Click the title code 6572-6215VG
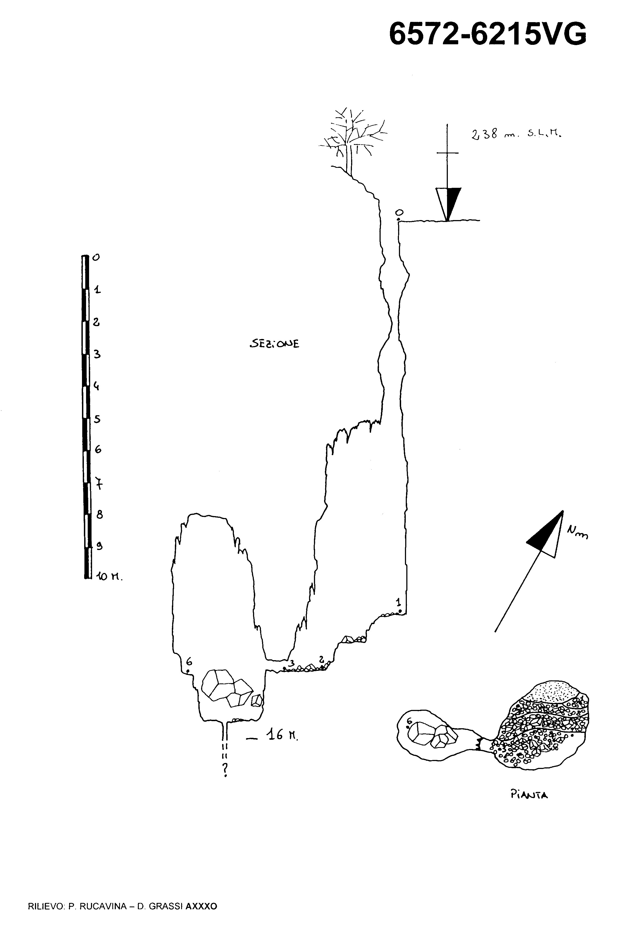[x=487, y=34]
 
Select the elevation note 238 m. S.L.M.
[x=516, y=134]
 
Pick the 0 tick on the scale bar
[x=96, y=257]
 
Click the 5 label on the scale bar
[x=97, y=419]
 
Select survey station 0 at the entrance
[x=398, y=219]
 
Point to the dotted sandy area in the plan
[x=553, y=690]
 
